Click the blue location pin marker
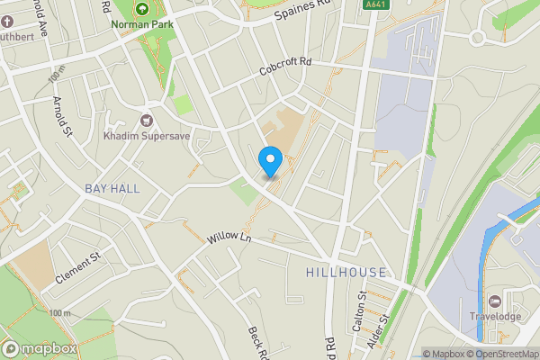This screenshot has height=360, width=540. tap(271, 161)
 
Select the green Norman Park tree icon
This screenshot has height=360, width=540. tap(141, 8)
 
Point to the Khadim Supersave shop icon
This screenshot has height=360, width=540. tap(147, 119)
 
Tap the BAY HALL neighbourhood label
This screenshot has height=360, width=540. tap(112, 188)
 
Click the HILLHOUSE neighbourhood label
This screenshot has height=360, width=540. tap(346, 272)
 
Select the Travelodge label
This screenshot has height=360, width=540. tap(495, 316)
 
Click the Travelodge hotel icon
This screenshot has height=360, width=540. tap(494, 301)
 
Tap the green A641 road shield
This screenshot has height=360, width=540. tap(377, 4)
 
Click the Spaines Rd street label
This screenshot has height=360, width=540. tap(303, 11)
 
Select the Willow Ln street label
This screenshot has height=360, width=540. tap(229, 238)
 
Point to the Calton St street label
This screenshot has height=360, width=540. tap(360, 310)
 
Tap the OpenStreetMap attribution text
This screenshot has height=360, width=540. tap(502, 354)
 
